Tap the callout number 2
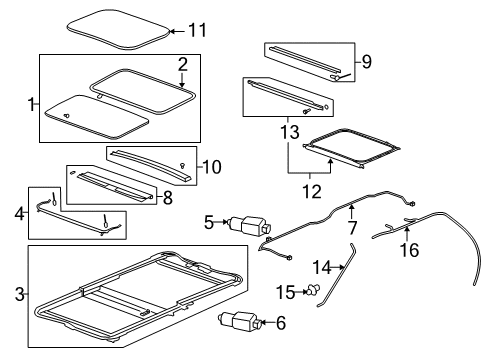tap(182, 64)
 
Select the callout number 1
tap(31, 102)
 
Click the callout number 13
tap(289, 131)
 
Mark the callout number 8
tap(167, 198)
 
